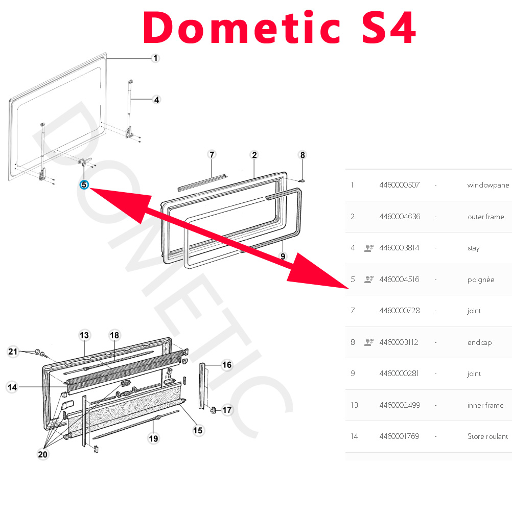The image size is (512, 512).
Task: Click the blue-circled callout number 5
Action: (84, 185)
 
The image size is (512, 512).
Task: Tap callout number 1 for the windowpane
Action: (155, 58)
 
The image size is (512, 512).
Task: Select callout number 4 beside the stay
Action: (156, 100)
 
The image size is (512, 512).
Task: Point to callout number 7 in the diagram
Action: (212, 154)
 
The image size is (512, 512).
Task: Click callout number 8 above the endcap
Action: (302, 155)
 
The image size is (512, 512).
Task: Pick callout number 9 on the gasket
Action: (283, 257)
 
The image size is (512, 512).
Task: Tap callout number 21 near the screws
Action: (13, 352)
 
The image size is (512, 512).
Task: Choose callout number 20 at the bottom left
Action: (42, 454)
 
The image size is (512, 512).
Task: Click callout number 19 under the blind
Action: (153, 438)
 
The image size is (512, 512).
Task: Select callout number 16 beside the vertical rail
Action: (227, 365)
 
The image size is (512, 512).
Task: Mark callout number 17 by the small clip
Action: (227, 410)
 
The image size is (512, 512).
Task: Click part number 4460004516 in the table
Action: (399, 279)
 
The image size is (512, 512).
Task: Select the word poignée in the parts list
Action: (481, 280)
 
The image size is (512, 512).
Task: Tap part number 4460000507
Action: (400, 185)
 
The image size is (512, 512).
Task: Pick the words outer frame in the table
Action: (485, 217)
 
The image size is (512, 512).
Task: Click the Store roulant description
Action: (487, 436)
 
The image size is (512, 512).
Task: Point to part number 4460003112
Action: (399, 342)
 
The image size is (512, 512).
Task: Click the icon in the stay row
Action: (369, 248)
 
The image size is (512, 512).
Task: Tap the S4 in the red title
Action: (388, 28)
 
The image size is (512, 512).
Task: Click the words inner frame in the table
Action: (485, 405)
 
